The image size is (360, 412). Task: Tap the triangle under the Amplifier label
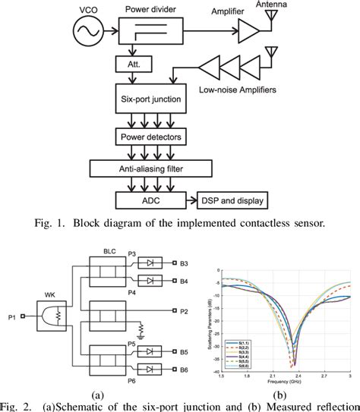[248, 33]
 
